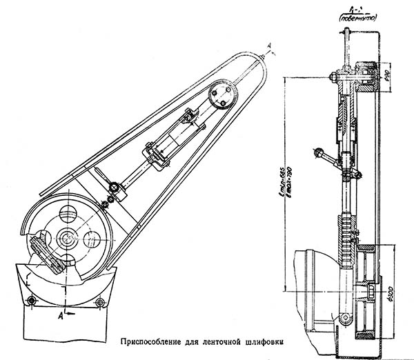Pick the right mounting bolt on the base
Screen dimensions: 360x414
click(x=101, y=302)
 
